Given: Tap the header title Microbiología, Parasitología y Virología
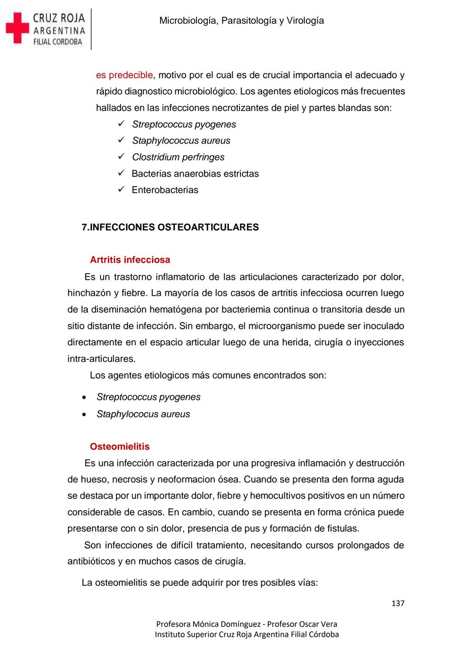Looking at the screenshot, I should point(241,21).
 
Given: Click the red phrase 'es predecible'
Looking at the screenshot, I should point(125,75).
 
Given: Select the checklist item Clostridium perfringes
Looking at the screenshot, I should point(178,157).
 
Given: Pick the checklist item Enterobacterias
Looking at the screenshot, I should point(165,190).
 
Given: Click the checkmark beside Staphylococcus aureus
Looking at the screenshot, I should point(121,140).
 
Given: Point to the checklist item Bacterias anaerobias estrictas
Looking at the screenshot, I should point(195,174).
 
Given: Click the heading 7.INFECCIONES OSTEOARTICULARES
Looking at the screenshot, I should point(170,227).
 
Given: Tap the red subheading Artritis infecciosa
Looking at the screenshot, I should point(130,260).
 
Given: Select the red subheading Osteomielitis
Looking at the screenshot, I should point(119,446).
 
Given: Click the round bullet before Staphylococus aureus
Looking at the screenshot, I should point(84,414).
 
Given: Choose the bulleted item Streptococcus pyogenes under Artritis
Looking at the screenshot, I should point(148,397).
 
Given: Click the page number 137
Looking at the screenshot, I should point(398,603).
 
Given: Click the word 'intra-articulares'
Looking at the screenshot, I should point(101,359).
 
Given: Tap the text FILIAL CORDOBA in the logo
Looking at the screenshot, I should point(58,42).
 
